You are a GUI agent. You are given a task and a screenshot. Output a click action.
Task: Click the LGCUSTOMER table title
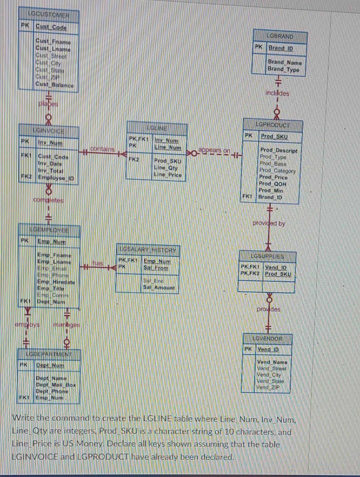point(49,15)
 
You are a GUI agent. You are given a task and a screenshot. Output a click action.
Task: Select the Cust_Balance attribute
point(55,85)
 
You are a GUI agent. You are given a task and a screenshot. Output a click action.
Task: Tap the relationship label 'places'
point(48,104)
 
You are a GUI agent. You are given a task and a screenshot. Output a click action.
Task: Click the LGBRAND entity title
point(280,36)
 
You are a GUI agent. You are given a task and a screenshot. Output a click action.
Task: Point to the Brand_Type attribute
point(283,70)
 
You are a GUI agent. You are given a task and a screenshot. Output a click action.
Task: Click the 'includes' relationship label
point(277,93)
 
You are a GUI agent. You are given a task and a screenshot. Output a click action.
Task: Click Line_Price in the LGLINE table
point(168,175)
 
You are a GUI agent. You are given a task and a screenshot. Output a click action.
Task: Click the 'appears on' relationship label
point(214,150)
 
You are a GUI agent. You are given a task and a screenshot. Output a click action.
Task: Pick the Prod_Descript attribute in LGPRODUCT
point(279,151)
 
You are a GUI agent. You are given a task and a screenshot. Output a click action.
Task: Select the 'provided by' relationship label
point(269,224)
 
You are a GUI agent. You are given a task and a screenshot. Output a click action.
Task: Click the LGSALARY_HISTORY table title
point(148,249)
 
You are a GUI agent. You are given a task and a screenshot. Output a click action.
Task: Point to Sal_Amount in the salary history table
point(159,287)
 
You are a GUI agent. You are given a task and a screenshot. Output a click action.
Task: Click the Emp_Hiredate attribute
point(56,282)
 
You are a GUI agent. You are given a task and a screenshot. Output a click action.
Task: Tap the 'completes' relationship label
point(48,200)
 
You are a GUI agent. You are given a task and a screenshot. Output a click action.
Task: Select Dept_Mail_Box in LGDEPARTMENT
point(56,385)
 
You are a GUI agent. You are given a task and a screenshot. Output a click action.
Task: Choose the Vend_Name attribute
point(272,362)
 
